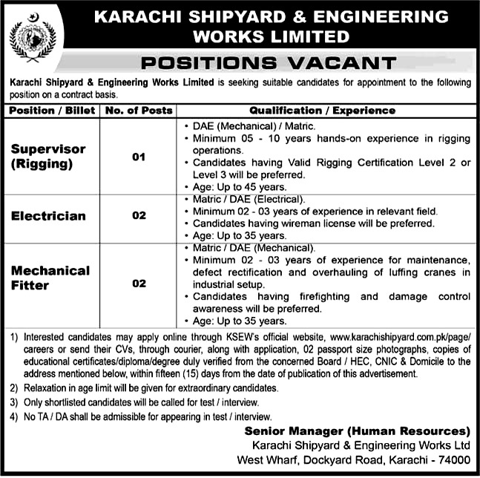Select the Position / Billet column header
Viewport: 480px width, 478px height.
[50, 111]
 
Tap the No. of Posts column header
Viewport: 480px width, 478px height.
[139, 111]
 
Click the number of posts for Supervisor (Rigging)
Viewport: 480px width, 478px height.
[139, 157]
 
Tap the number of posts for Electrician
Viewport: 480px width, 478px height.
[139, 216]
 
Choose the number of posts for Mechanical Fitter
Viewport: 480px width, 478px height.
[139, 283]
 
